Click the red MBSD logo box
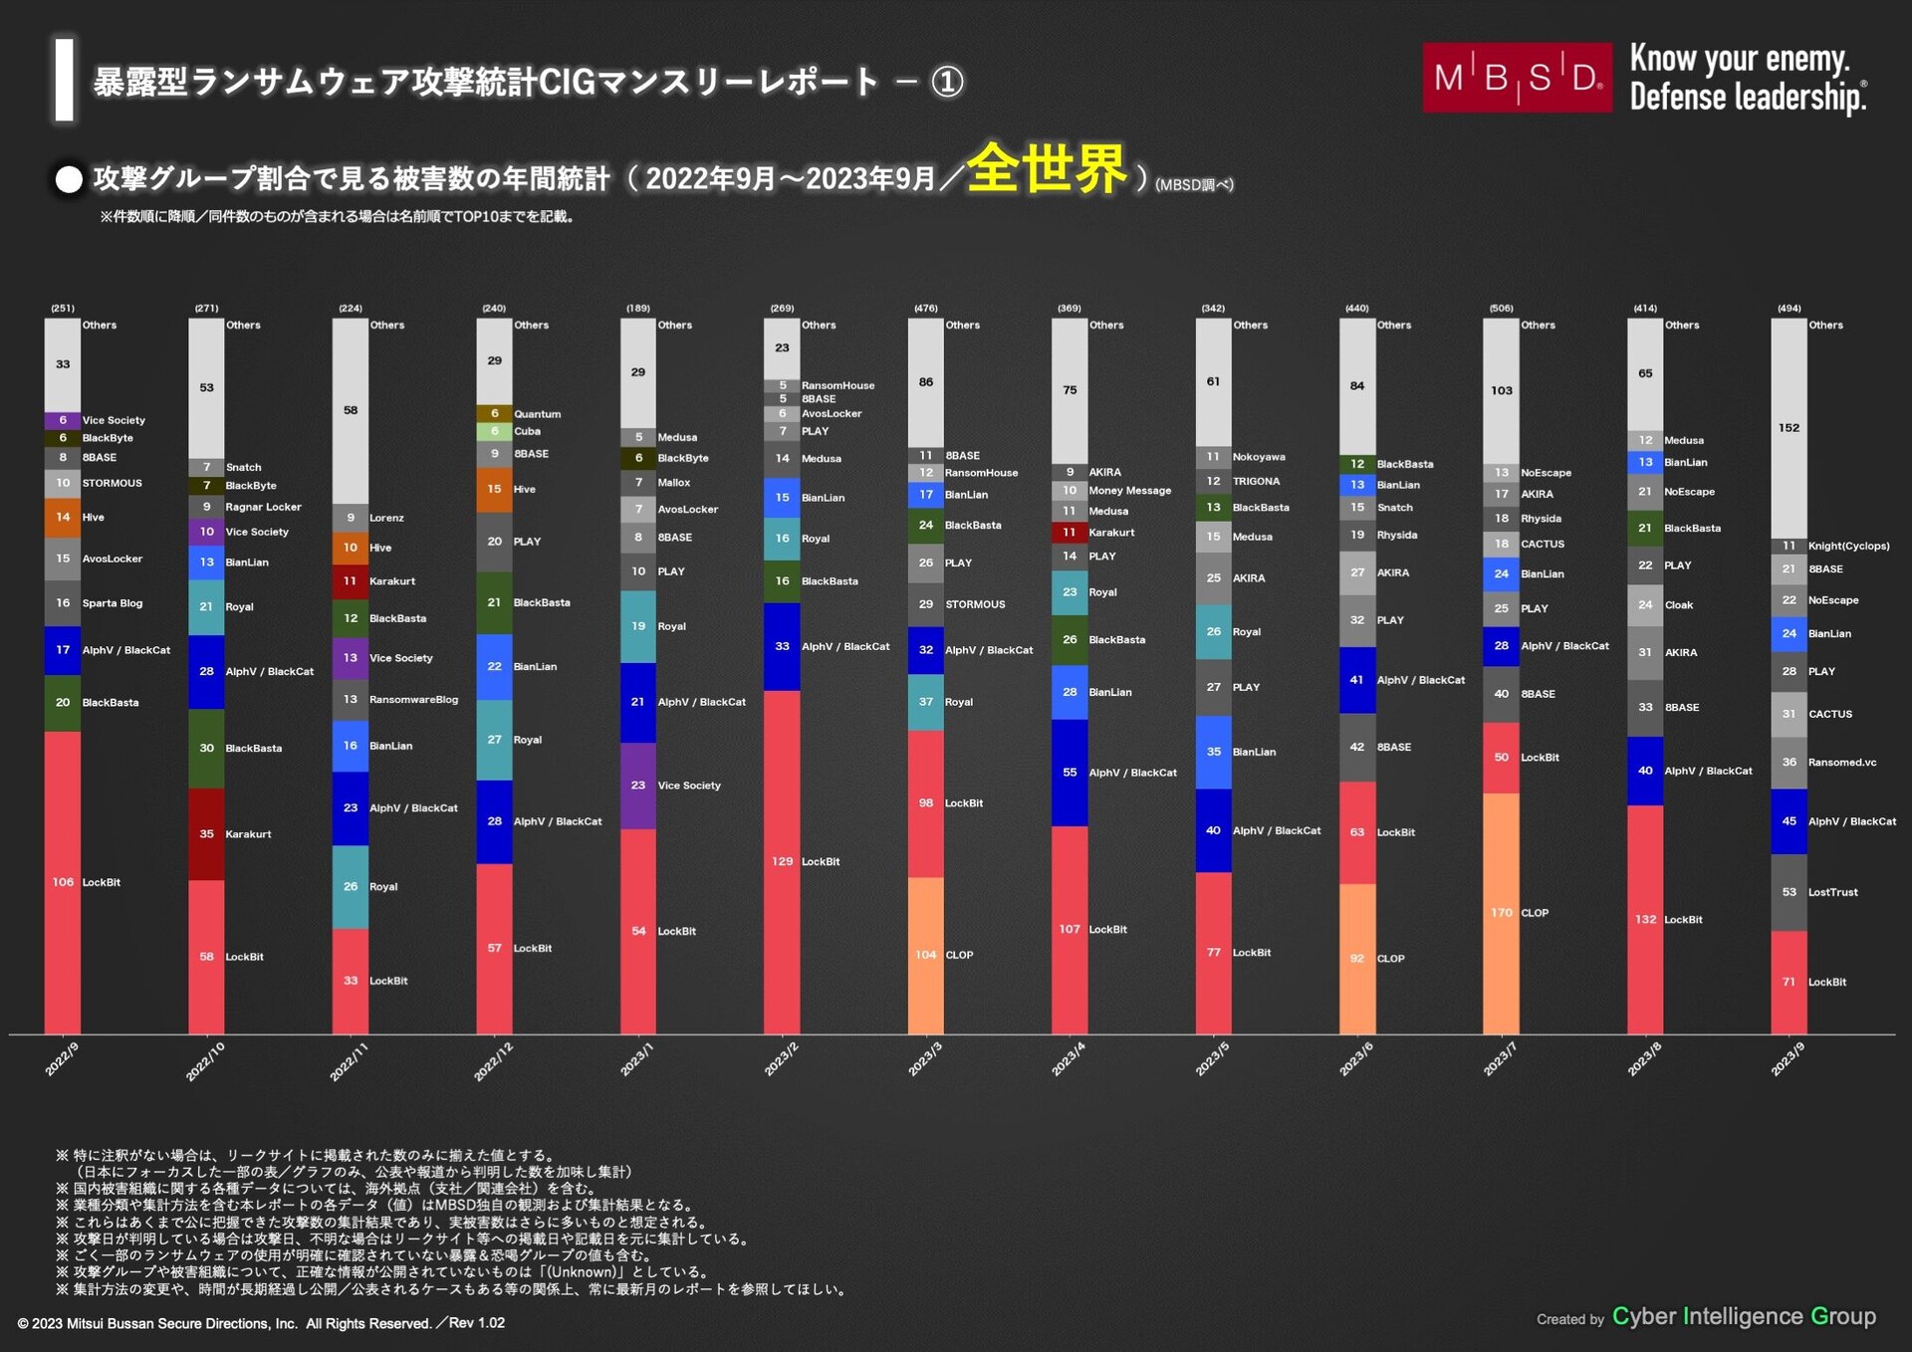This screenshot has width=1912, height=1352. coord(1516,77)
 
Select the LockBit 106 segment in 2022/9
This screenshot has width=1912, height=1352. coord(63,882)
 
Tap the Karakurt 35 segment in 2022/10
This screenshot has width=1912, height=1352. coord(206,834)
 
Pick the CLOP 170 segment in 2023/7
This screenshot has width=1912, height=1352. coord(1501,913)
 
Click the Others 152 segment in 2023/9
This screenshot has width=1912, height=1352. coord(1789,428)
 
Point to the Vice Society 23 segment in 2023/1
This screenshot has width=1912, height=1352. coord(638,786)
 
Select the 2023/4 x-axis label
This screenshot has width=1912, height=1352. coord(1069,1058)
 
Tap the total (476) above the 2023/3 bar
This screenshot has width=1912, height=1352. coord(925,309)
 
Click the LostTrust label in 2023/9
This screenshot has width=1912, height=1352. coord(1832,893)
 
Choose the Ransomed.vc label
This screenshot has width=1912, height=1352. coord(1841,763)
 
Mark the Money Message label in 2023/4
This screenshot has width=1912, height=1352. coord(1129,491)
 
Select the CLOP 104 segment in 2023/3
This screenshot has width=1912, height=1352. coord(925,955)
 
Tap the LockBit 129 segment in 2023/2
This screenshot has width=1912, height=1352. coord(782,862)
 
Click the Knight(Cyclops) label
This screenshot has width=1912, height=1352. coord(1848,547)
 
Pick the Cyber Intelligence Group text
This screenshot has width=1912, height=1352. coord(1743,1316)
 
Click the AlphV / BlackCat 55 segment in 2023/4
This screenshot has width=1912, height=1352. coord(1070,773)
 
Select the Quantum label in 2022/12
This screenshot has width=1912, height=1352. coord(537,414)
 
